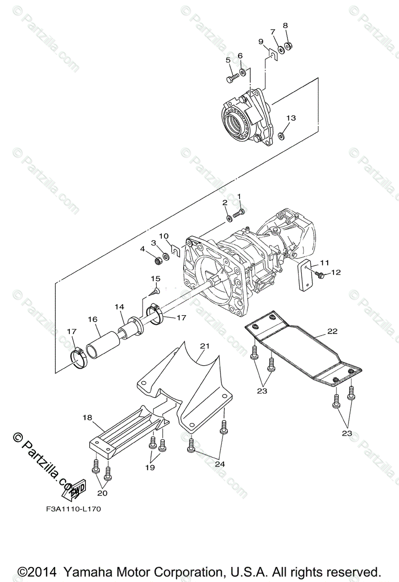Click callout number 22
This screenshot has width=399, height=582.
332,332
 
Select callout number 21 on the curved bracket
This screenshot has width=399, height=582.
205,346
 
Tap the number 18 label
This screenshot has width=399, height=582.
87,417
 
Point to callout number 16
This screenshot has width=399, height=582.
93,320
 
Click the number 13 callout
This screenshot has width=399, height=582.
290,118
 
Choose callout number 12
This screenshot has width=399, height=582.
335,273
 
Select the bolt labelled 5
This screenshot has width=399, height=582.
231,77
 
